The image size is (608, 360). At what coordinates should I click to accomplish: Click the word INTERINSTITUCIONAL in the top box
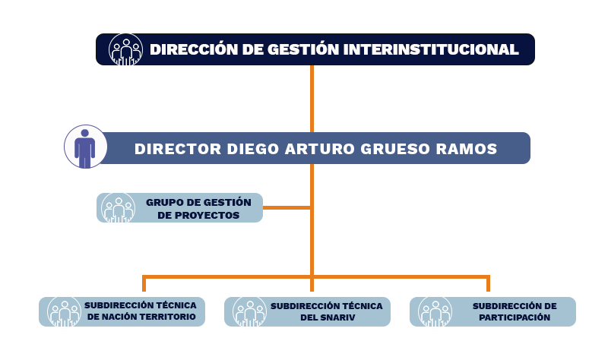click(431, 49)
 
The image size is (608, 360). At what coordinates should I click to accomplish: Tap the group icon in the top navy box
click(125, 49)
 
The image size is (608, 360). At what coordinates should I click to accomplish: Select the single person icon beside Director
click(85, 147)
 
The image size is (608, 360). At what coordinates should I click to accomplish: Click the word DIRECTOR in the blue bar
click(178, 149)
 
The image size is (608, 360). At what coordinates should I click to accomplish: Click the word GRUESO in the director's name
click(395, 149)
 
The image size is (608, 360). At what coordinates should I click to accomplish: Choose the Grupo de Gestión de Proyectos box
click(179, 207)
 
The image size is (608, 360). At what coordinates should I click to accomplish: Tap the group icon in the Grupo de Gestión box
click(119, 208)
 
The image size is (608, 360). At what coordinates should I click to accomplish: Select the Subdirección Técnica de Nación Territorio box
click(122, 311)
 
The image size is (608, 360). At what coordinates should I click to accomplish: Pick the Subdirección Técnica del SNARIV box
click(307, 311)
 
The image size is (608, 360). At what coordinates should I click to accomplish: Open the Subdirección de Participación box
click(492, 311)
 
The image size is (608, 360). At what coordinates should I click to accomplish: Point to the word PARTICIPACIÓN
click(515, 317)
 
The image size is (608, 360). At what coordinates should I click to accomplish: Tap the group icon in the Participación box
click(435, 312)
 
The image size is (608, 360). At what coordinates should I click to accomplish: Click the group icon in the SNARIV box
click(250, 312)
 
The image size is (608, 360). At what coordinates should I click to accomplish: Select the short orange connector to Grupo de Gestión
click(287, 207)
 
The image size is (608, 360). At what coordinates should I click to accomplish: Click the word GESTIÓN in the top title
click(303, 49)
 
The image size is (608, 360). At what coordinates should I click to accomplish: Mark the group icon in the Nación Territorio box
click(65, 312)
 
